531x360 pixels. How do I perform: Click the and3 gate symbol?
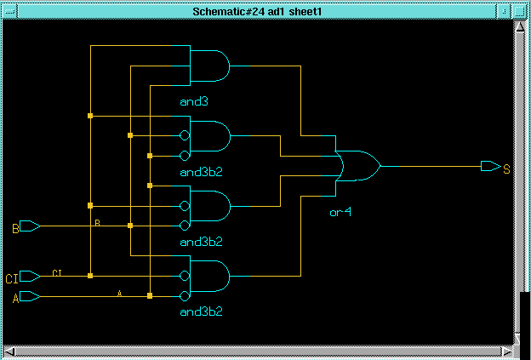[x=209, y=66]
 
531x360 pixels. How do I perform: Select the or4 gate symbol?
[x=359, y=166]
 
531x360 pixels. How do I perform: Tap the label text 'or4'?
[x=340, y=213]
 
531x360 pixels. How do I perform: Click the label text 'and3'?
[x=194, y=101]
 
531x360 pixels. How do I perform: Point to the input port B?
[x=30, y=226]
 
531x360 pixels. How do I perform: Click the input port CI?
[x=30, y=276]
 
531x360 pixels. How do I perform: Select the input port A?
[x=30, y=296]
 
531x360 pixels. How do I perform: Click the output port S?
[x=491, y=166]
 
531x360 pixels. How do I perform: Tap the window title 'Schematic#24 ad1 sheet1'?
[x=257, y=12]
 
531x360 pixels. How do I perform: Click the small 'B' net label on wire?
[x=98, y=222]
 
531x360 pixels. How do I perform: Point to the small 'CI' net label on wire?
[x=57, y=272]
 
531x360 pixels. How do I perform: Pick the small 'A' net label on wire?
[x=119, y=293]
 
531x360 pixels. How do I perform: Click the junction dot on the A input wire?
[x=150, y=295]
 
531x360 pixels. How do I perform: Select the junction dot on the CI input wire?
[x=90, y=276]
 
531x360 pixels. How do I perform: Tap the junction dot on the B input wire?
[x=130, y=226]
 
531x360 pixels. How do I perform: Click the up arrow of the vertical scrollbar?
[x=520, y=26]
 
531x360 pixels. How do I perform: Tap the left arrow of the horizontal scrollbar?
[x=10, y=351]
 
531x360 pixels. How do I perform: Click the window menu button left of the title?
[x=9, y=12]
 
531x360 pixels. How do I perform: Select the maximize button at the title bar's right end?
[x=519, y=12]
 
